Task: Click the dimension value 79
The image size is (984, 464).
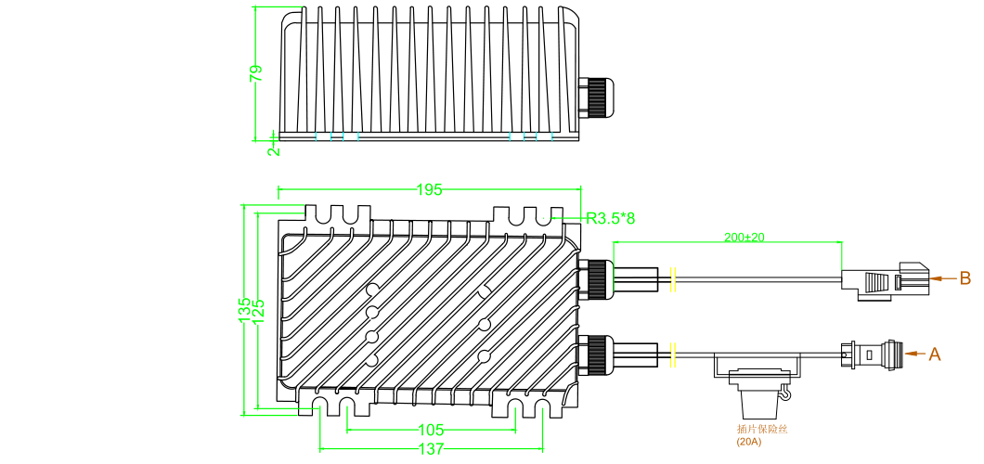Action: (x=257, y=73)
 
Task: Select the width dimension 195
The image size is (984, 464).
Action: (x=429, y=190)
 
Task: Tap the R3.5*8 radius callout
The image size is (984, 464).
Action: (x=611, y=218)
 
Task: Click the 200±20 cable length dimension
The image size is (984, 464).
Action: (x=744, y=238)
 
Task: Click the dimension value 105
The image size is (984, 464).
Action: (x=430, y=431)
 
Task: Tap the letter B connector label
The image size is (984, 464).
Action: (x=965, y=277)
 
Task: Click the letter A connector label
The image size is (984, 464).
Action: (x=935, y=354)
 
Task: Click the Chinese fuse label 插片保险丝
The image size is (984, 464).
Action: (x=761, y=429)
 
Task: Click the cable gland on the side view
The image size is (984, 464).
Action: (x=595, y=97)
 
